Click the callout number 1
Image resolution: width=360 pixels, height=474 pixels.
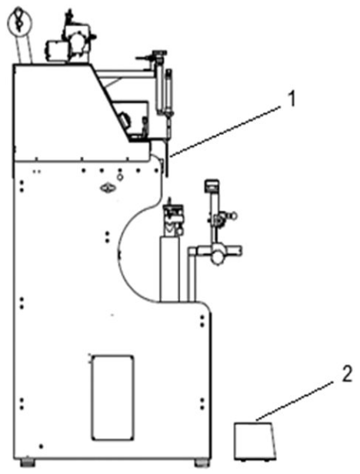pyautogui.click(x=291, y=100)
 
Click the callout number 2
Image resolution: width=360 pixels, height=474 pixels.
pyautogui.click(x=347, y=374)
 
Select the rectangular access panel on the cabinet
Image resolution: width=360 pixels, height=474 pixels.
pyautogui.click(x=113, y=398)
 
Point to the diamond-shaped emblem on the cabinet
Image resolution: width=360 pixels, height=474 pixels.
pyautogui.click(x=108, y=189)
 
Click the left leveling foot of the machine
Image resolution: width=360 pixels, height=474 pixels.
pyautogui.click(x=27, y=462)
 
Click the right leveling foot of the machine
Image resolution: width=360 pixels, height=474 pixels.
pyautogui.click(x=202, y=462)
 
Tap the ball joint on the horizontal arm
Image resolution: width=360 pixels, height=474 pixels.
pyautogui.click(x=217, y=258)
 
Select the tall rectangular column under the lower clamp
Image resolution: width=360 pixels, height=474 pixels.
pyautogui.click(x=170, y=269)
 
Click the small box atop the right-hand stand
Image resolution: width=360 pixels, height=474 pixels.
pyautogui.click(x=212, y=185)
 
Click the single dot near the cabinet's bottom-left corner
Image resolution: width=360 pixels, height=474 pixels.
pyautogui.click(x=41, y=446)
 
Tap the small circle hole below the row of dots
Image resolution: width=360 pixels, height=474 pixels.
pyautogui.click(x=120, y=178)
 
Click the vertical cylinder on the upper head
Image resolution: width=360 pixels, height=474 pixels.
pyautogui.click(x=169, y=91)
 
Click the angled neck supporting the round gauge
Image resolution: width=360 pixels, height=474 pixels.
pyautogui.click(x=25, y=48)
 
